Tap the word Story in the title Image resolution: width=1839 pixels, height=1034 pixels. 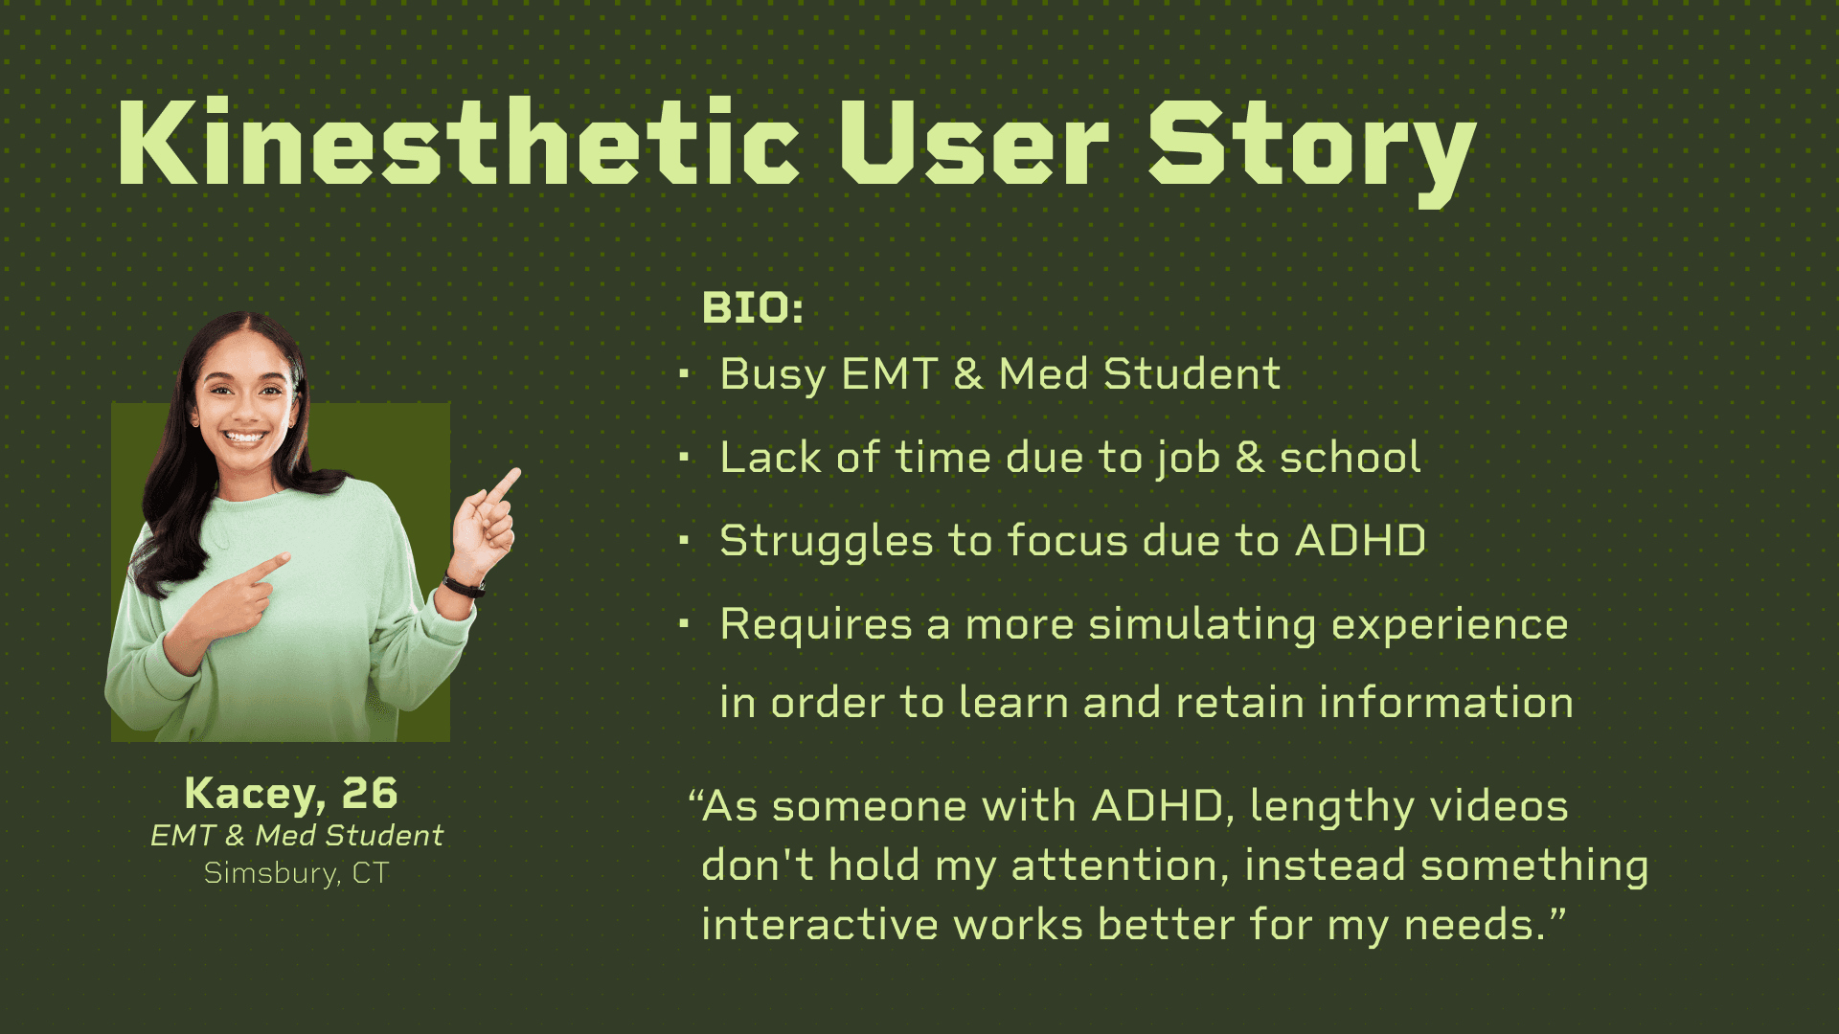[x=1312, y=151]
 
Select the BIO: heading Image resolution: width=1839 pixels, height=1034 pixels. [x=753, y=308]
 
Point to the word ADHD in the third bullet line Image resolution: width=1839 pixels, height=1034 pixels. [x=1360, y=541]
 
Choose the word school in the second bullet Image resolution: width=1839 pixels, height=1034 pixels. [x=1351, y=458]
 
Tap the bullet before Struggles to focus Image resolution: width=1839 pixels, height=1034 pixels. [x=684, y=541]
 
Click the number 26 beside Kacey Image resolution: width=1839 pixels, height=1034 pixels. [x=370, y=794]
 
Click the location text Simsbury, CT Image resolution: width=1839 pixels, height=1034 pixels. [x=297, y=873]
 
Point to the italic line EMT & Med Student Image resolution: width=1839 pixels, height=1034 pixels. [x=297, y=836]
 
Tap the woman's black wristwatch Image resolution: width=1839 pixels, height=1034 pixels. [x=465, y=585]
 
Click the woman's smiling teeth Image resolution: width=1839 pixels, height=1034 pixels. [x=244, y=438]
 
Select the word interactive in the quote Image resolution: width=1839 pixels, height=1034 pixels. [x=820, y=925]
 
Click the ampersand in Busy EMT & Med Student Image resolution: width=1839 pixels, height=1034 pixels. [x=967, y=373]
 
